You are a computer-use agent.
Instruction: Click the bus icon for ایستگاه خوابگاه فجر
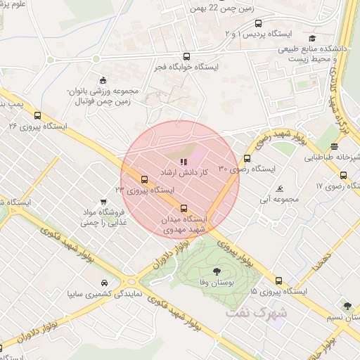[x=186, y=56]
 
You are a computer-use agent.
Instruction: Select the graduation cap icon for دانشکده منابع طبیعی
[x=312, y=39]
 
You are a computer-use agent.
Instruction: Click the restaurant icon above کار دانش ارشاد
[x=184, y=162]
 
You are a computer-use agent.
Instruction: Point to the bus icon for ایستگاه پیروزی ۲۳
[x=144, y=179]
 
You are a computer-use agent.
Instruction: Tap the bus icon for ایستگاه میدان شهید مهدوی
[x=184, y=208]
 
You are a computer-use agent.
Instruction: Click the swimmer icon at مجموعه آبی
[x=280, y=189]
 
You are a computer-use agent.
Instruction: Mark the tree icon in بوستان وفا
[x=216, y=271]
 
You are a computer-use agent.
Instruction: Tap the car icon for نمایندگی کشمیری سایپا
[x=103, y=282]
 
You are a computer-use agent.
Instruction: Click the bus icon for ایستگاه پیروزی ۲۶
[x=37, y=116]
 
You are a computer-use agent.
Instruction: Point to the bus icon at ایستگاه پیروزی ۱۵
[x=279, y=280]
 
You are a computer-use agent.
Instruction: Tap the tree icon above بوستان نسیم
[x=347, y=306]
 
